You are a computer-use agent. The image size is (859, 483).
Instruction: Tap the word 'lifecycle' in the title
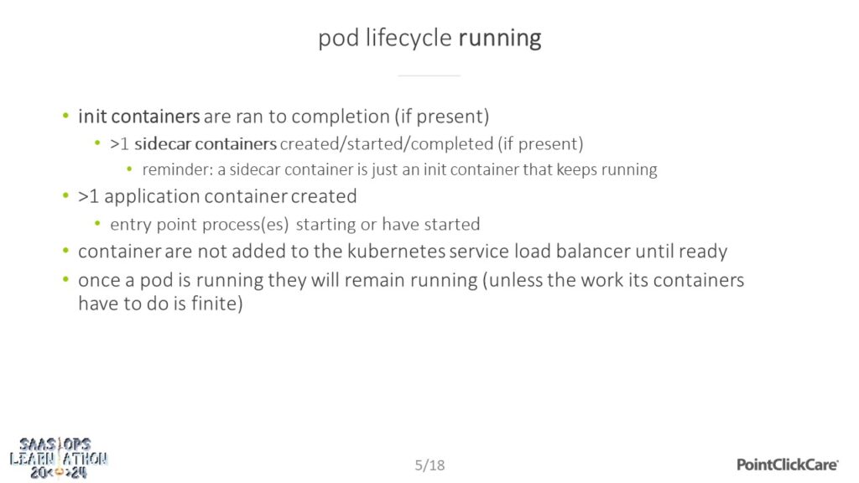coord(409,39)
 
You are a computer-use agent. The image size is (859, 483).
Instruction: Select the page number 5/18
coord(429,465)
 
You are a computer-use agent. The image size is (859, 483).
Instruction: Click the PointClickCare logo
coord(787,465)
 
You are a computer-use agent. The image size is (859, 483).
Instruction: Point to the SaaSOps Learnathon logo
coord(59,458)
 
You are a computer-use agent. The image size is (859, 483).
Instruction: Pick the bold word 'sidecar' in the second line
coord(163,143)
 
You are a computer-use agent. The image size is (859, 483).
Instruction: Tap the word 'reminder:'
coord(178,169)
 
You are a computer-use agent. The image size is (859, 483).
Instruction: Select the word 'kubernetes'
coord(396,252)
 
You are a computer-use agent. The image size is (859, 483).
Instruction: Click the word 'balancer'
coord(593,252)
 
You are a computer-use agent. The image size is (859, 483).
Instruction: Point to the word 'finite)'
coord(217,304)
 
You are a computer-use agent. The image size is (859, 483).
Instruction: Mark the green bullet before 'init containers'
coord(65,116)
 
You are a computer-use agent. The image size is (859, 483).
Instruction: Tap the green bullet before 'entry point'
coord(97,223)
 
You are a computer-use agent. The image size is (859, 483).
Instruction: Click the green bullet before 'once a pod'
coord(65,279)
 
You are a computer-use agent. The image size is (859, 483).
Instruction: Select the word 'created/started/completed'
coord(386,144)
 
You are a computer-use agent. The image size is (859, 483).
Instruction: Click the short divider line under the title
coord(429,75)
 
